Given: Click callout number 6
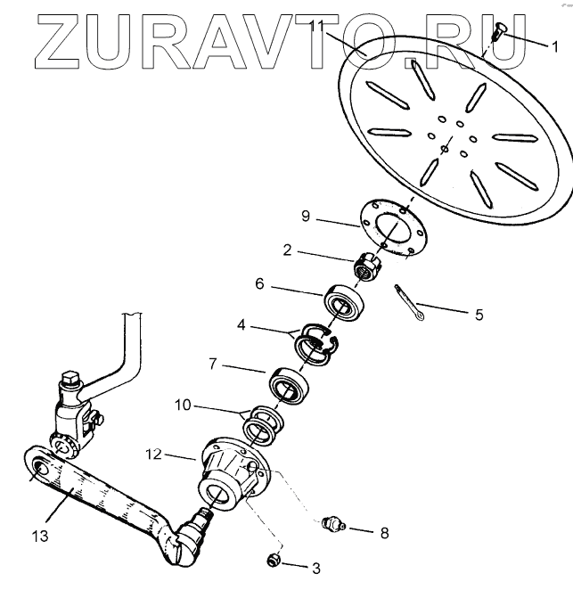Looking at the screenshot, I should pyautogui.click(x=259, y=285).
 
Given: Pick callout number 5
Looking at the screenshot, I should pyautogui.click(x=479, y=314).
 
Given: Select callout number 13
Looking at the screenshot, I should pyautogui.click(x=40, y=537).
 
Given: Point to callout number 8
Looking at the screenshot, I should pyautogui.click(x=384, y=535).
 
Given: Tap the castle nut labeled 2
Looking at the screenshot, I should pyautogui.click(x=369, y=265).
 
